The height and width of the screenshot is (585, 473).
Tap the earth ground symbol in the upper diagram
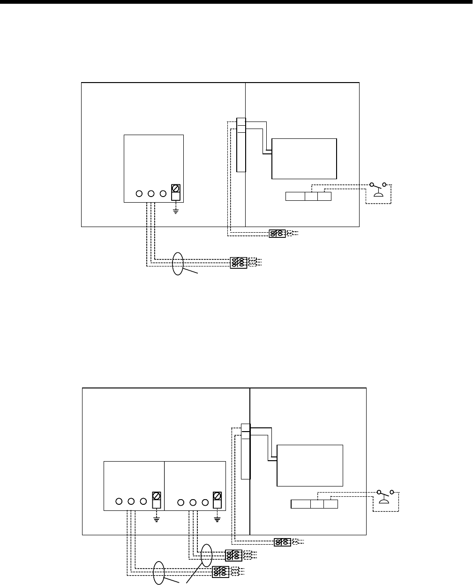click(175, 211)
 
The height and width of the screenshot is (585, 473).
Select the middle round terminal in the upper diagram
click(151, 193)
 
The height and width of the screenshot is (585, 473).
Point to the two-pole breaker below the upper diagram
click(277, 233)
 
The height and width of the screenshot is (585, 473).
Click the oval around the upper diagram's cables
click(178, 264)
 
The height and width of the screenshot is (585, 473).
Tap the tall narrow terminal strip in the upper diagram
click(241, 145)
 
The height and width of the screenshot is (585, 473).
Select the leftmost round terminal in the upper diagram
click(139, 193)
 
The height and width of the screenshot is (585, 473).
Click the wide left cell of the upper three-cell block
click(295, 196)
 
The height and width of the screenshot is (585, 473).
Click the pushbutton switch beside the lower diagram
click(384, 497)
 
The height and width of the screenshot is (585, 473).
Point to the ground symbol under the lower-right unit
click(217, 519)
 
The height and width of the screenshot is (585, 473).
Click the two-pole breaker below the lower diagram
click(282, 542)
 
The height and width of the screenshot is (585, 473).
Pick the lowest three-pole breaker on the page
click(220, 571)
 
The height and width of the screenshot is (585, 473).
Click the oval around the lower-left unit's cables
click(160, 573)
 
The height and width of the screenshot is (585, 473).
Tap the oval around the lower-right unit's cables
click(207, 556)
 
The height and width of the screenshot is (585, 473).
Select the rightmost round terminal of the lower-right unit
click(205, 502)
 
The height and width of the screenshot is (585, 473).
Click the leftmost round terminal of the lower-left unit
click(119, 501)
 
